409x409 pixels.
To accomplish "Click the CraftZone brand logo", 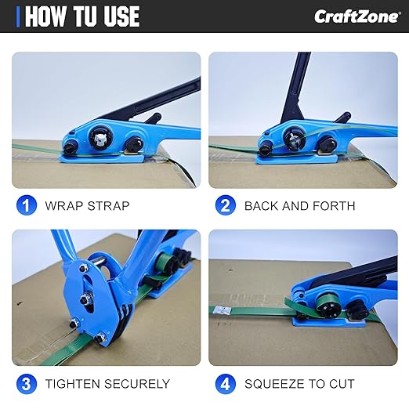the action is tap(357, 16).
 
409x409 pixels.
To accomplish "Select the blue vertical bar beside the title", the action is tap(18, 16).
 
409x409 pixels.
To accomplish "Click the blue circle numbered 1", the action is tap(27, 205).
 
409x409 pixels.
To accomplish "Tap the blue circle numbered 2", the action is tap(226, 205).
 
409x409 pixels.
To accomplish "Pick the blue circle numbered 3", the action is tap(27, 384).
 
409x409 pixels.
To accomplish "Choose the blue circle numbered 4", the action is tap(226, 384).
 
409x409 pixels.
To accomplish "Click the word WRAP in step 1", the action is tap(63, 206).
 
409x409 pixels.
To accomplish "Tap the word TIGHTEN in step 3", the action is tap(72, 384).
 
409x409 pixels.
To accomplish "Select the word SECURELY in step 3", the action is tap(137, 384).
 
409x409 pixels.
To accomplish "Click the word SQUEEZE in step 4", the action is tap(274, 384).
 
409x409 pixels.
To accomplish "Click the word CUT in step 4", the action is tap(342, 384).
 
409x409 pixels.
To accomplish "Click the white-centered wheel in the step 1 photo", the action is tap(101, 137).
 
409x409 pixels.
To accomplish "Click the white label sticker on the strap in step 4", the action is tap(223, 310).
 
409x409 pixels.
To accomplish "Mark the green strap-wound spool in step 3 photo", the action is tap(165, 261).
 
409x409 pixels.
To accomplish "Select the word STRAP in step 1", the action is tap(108, 206).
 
